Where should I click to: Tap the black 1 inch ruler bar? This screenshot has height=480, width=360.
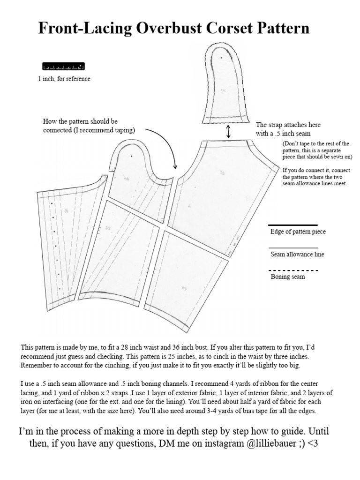pos(63,67)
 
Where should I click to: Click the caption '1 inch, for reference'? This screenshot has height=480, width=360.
pos(64,79)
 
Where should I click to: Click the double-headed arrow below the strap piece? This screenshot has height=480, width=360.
pos(228,131)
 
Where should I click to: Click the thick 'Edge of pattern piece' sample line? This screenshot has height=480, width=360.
pos(293,225)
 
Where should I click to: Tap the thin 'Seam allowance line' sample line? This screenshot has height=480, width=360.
pos(293,248)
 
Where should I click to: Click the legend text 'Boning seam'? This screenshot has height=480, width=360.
pos(288,277)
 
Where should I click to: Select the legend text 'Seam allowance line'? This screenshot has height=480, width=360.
pos(297,255)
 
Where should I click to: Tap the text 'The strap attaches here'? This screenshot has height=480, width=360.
pos(288,125)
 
